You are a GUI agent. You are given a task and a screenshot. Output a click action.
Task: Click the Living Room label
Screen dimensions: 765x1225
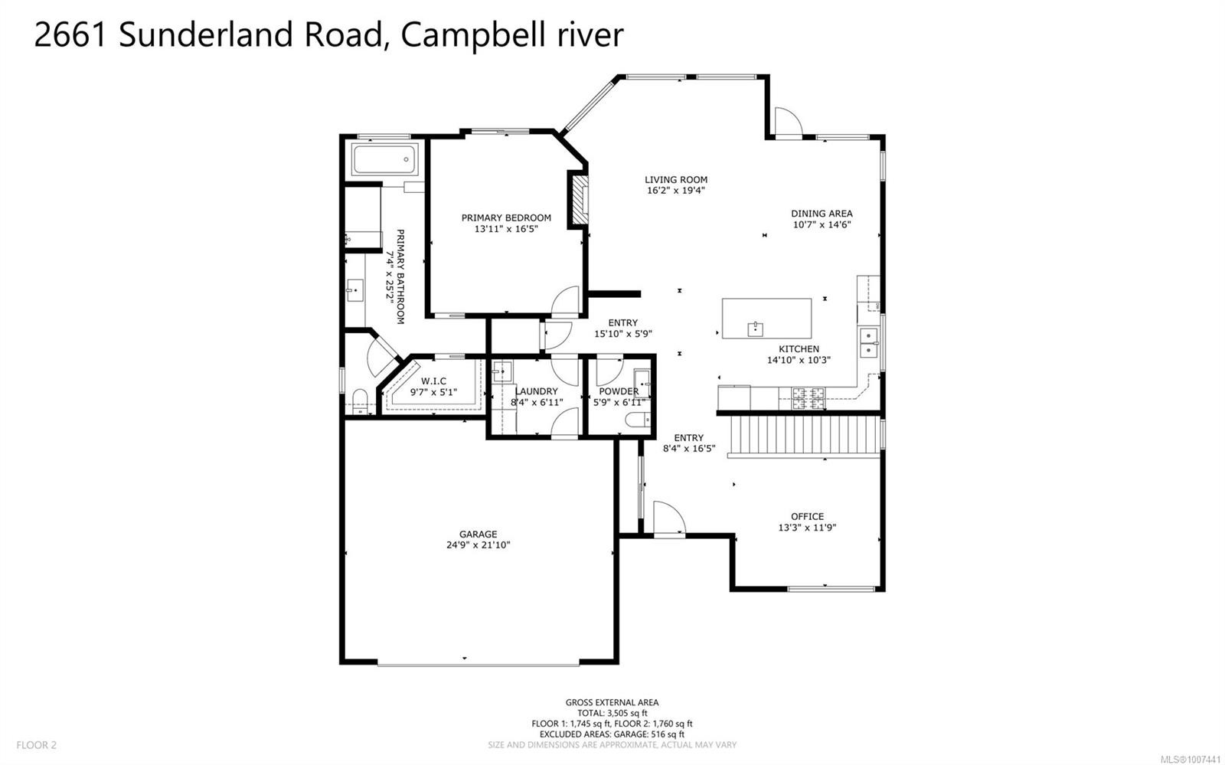pos(675,180)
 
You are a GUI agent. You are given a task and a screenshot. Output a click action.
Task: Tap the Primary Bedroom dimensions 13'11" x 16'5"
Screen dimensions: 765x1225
pos(506,229)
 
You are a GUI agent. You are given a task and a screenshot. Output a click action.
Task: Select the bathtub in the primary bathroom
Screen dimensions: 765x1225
pos(384,161)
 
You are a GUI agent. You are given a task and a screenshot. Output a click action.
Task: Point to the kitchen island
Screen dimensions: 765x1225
pos(766,318)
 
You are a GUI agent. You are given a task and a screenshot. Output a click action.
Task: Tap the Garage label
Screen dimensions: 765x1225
pos(478,535)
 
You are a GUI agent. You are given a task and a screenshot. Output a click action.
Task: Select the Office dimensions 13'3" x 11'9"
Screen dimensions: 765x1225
pos(807,527)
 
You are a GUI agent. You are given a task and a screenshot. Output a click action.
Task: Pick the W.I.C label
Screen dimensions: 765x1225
pos(433,381)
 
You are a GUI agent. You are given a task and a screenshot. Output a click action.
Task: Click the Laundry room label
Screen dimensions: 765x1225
pos(537,391)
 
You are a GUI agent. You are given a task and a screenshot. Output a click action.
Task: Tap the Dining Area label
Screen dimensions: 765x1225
pos(822,214)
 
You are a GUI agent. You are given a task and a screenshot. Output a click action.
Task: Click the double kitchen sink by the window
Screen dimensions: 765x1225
pos(868,343)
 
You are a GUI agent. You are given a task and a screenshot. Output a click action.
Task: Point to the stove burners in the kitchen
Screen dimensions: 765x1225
pos(807,396)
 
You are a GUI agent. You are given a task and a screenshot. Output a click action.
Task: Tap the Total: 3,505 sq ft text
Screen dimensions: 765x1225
pos(612,713)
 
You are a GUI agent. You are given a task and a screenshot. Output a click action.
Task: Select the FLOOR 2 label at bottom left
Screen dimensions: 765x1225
pos(36,744)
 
